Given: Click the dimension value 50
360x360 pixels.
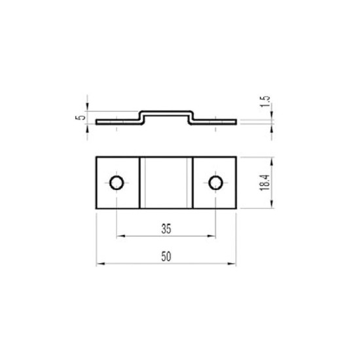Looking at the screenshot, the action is tap(166, 257).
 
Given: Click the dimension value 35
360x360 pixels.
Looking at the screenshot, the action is tap(166, 229).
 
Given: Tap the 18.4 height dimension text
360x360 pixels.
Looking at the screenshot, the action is tap(264, 183).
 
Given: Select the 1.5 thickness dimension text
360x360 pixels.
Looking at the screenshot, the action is tap(264, 101).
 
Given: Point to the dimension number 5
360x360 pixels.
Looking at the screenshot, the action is tap(81, 117).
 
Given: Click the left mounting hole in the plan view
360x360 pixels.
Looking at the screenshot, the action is tap(117, 183).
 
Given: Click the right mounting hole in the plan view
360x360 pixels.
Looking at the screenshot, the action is tap(215, 183).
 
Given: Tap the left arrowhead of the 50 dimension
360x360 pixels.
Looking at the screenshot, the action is tap(101, 264).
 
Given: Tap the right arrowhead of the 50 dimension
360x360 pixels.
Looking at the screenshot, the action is tap(232, 264).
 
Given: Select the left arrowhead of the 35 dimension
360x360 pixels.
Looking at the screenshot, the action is tap(121, 236).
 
